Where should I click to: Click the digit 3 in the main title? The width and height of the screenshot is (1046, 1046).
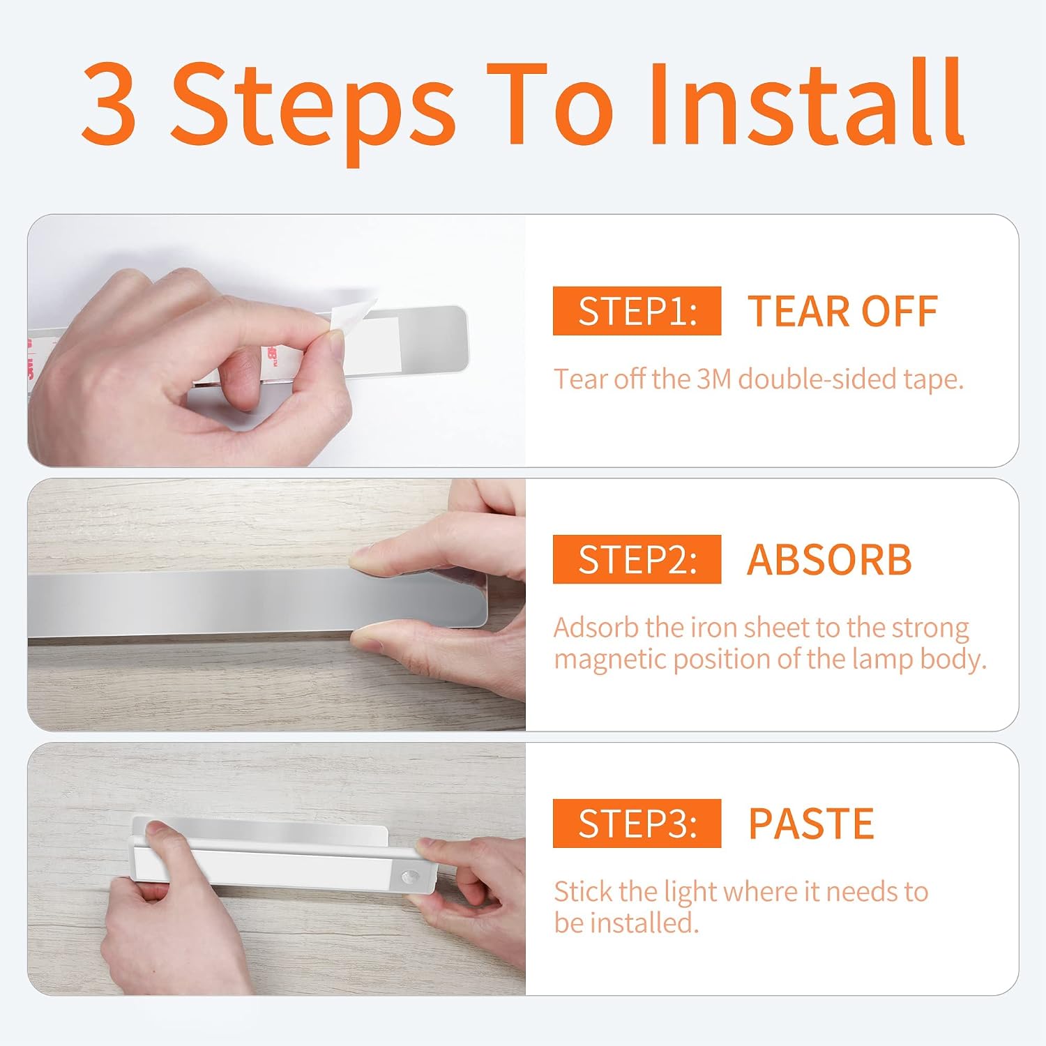coord(109,104)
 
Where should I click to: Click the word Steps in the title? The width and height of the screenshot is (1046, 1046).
coord(313,112)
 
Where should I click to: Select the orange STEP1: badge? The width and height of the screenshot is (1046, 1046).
coord(637,310)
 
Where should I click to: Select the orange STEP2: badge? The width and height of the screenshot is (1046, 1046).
coord(637,559)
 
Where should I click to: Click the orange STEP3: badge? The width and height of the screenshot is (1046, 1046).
coord(637,823)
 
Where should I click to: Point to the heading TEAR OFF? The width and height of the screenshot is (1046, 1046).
coord(842,311)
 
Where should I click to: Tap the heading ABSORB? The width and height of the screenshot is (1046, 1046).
coord(829,559)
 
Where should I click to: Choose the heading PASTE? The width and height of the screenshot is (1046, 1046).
coord(811,824)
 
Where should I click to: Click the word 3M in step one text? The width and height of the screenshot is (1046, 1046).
coord(714,379)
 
